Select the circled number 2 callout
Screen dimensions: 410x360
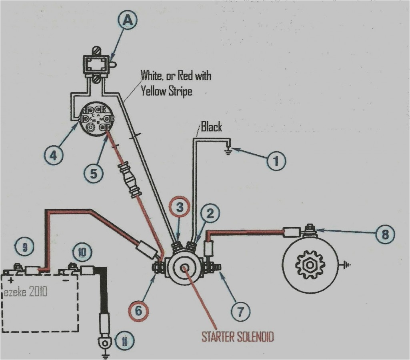click(212, 214)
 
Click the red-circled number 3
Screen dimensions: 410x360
click(180, 208)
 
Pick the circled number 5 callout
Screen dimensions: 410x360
click(94, 174)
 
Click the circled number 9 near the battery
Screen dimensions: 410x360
click(25, 248)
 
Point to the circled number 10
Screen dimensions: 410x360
click(82, 252)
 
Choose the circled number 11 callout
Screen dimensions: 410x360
click(125, 341)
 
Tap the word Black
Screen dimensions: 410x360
click(211, 128)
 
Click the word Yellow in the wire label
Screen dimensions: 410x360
click(152, 91)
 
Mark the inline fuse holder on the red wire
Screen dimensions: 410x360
click(131, 179)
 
